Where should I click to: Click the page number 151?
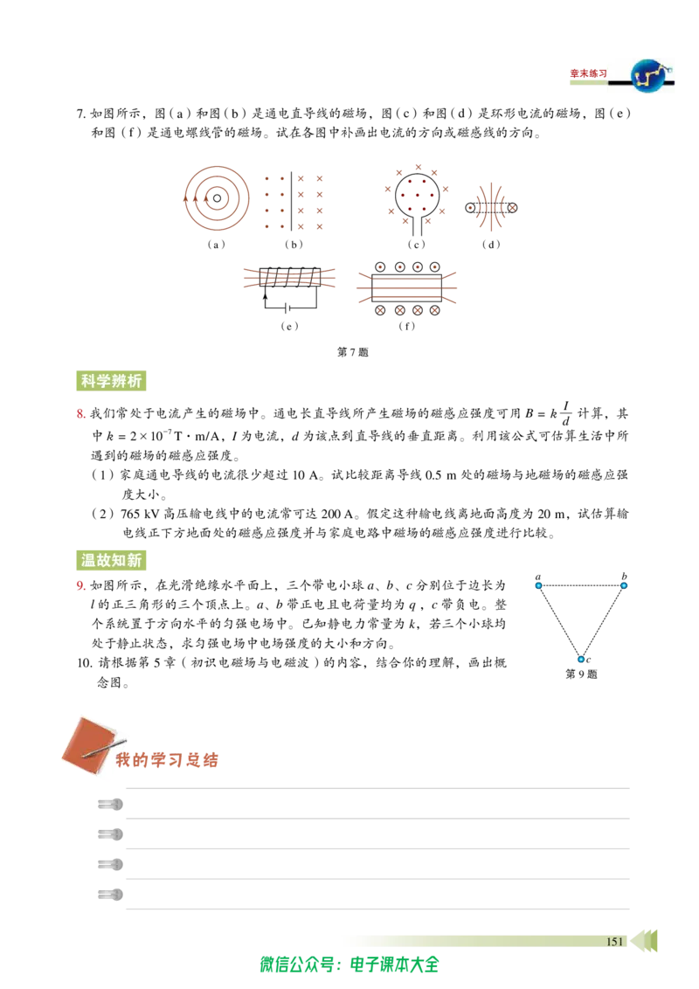(614, 942)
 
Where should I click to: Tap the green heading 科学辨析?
(111, 381)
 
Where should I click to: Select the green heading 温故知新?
(111, 560)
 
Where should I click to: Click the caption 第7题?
(353, 352)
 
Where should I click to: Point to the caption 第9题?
(581, 674)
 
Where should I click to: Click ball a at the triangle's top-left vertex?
(538, 585)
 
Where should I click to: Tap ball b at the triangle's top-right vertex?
(623, 585)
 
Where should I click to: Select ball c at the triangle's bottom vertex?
(581, 659)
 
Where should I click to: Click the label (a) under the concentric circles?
(217, 245)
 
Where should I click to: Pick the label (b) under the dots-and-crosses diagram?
(294, 245)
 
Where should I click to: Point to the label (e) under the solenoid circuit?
(289, 326)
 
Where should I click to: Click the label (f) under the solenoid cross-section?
(407, 326)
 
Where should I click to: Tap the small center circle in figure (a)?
(217, 198)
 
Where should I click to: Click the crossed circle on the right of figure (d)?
(512, 208)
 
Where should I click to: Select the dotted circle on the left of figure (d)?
(470, 208)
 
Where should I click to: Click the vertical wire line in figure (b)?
(291, 202)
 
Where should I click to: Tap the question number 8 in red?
(80, 414)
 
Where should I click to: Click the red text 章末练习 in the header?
(589, 73)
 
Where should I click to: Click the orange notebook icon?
(90, 745)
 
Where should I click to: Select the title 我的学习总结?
(167, 760)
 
